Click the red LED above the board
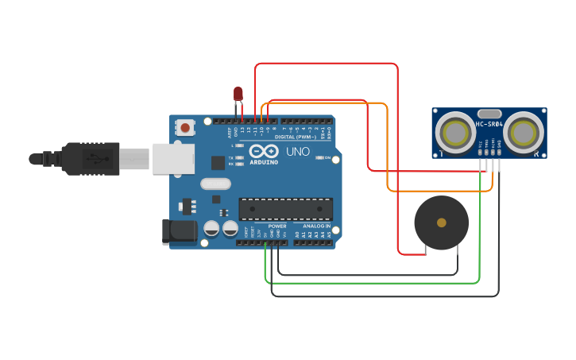pyautogui.click(x=238, y=95)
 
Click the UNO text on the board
pyautogui.click(x=298, y=152)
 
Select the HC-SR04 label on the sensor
pyautogui.click(x=489, y=124)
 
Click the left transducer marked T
pyautogui.click(x=456, y=131)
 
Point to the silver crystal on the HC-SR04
pyautogui.click(x=489, y=114)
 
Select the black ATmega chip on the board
pyautogui.click(x=286, y=209)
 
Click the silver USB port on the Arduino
pyautogui.click(x=174, y=159)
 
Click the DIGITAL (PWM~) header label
pyautogui.click(x=295, y=137)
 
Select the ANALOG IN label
pyautogui.click(x=315, y=226)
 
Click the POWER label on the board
pyautogui.click(x=277, y=226)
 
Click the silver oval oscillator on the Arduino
pyautogui.click(x=215, y=184)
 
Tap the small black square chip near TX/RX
pyautogui.click(x=218, y=162)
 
